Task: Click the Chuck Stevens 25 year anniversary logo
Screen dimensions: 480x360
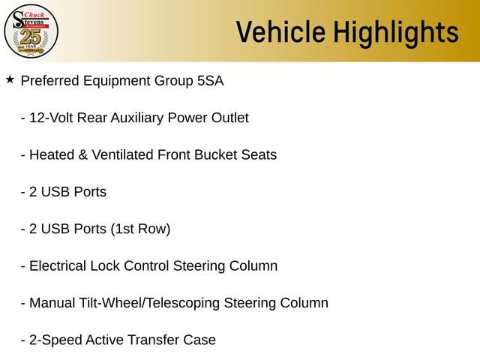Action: click(x=31, y=31)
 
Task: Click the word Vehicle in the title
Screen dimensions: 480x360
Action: click(x=280, y=31)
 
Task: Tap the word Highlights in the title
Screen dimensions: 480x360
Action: click(x=396, y=33)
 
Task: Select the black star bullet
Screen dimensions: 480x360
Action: click(x=10, y=79)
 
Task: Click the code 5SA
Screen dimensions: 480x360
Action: click(x=210, y=81)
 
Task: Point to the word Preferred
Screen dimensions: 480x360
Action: click(x=50, y=81)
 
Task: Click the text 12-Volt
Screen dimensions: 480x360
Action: click(x=51, y=118)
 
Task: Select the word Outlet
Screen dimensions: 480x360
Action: click(x=230, y=118)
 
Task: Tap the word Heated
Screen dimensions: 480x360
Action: click(x=52, y=155)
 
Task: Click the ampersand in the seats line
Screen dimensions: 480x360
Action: click(x=83, y=155)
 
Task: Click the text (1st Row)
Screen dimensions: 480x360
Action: click(x=140, y=229)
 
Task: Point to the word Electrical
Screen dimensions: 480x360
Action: click(x=58, y=266)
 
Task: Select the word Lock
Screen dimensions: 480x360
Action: click(x=105, y=266)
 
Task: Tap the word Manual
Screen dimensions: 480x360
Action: click(x=52, y=303)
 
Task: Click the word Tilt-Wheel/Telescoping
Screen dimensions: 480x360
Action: click(x=149, y=303)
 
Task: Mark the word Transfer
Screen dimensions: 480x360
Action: click(x=153, y=340)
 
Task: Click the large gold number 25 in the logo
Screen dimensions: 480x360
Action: click(x=30, y=37)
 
